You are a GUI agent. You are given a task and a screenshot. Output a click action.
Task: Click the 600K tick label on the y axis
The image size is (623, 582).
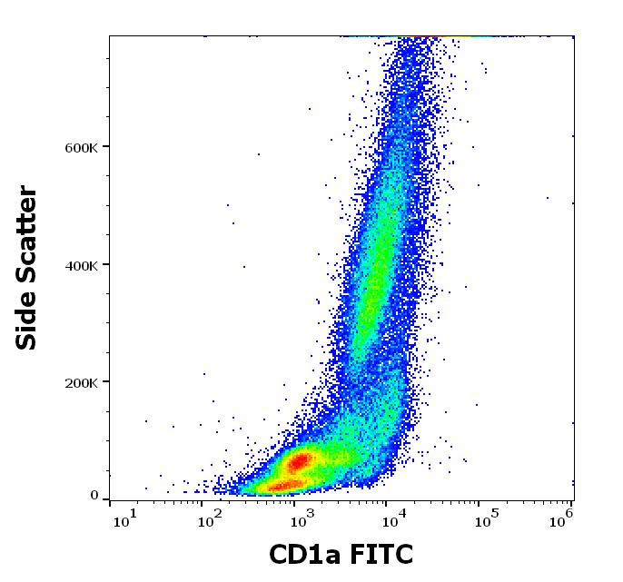pyautogui.click(x=81, y=148)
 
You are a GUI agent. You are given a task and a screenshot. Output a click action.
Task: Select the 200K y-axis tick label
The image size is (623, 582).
pyautogui.click(x=81, y=382)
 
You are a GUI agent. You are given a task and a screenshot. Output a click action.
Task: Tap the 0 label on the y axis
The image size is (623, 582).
pyautogui.click(x=94, y=496)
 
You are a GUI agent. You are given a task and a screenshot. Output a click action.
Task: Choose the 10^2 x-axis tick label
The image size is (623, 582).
pyautogui.click(x=212, y=518)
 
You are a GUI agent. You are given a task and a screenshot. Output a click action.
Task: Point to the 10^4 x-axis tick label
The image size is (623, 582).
pyautogui.click(x=392, y=518)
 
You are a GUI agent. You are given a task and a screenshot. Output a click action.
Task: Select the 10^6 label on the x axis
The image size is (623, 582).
pyautogui.click(x=563, y=518)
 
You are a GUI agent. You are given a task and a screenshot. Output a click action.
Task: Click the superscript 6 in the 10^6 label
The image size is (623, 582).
pyautogui.click(x=570, y=514)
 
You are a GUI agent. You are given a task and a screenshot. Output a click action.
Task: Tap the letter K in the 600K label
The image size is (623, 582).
pyautogui.click(x=93, y=148)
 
